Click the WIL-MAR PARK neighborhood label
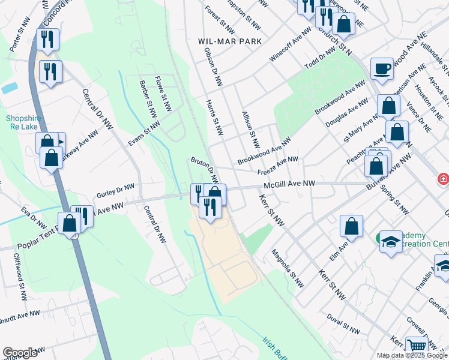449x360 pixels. pos(230,41)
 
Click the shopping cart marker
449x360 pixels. pos(416,345)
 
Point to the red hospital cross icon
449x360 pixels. pos(443,179)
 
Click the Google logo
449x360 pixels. pos(20,353)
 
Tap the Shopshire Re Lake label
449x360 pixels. pos(23,122)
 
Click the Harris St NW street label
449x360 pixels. pos(215,118)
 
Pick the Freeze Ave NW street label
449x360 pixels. pos(277,165)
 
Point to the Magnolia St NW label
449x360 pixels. pos(285,268)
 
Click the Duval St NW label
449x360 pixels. pos(343,323)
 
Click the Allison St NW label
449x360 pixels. pos(250,129)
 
